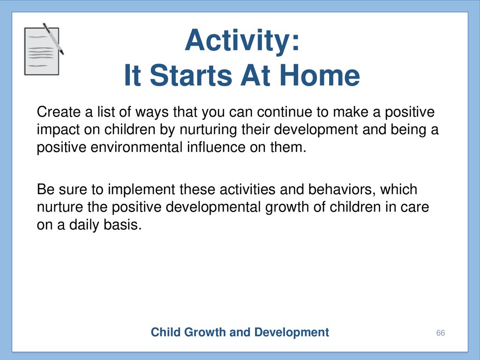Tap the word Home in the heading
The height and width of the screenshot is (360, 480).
320,75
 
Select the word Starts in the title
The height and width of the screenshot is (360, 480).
191,75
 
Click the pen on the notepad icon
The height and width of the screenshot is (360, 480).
53,38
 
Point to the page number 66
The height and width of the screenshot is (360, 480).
441,333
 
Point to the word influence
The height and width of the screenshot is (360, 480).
216,148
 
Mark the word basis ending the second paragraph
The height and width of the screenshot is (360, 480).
122,225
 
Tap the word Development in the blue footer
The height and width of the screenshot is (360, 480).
292,333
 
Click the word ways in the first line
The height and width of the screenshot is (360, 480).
152,112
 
